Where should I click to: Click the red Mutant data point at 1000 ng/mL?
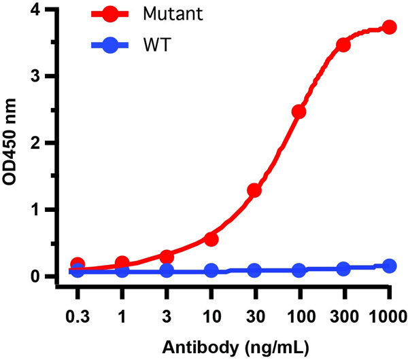[x=389, y=27]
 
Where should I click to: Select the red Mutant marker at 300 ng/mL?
[x=343, y=45]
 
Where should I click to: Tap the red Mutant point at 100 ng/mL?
[x=299, y=111]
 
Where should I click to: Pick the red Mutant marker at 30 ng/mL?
[x=254, y=191]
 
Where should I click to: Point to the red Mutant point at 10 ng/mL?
[x=211, y=239]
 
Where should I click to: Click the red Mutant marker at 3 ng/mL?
[x=167, y=256]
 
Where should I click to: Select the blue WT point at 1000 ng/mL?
[x=389, y=266]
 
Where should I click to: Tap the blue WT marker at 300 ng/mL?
[x=343, y=269]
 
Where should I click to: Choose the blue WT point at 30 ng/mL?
[x=254, y=270]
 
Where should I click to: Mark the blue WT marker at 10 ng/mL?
[x=211, y=271]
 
